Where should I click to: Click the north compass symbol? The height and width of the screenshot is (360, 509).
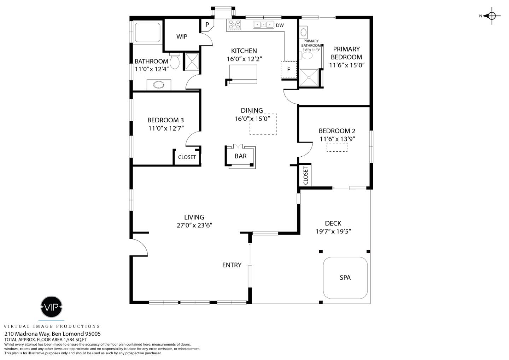tap(492, 16)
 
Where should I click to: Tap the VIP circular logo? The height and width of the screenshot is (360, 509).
tap(52, 307)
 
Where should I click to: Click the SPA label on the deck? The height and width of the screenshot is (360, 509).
tap(345, 278)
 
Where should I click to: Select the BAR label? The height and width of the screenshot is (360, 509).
tap(240, 156)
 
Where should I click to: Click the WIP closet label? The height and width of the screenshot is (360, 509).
tap(182, 36)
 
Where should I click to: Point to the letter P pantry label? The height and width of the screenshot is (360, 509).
tap(207, 25)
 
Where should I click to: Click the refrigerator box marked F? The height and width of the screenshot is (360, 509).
tap(288, 69)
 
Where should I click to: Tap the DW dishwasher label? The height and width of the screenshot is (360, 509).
tap(280, 25)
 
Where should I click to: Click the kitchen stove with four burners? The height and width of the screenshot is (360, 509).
tap(234, 25)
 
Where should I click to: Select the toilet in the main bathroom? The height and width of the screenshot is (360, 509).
tap(175, 61)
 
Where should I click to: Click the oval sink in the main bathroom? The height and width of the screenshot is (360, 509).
tap(159, 85)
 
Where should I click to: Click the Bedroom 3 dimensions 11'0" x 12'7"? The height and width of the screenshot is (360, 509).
tap(166, 128)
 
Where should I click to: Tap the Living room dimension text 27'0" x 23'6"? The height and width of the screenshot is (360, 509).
tap(194, 225)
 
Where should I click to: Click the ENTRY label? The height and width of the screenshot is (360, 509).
tap(232, 265)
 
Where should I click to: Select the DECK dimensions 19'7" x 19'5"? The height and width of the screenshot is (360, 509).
tap(333, 232)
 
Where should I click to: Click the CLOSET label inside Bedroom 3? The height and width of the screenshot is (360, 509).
tap(187, 157)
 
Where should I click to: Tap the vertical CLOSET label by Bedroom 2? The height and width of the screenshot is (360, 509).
tap(305, 175)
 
